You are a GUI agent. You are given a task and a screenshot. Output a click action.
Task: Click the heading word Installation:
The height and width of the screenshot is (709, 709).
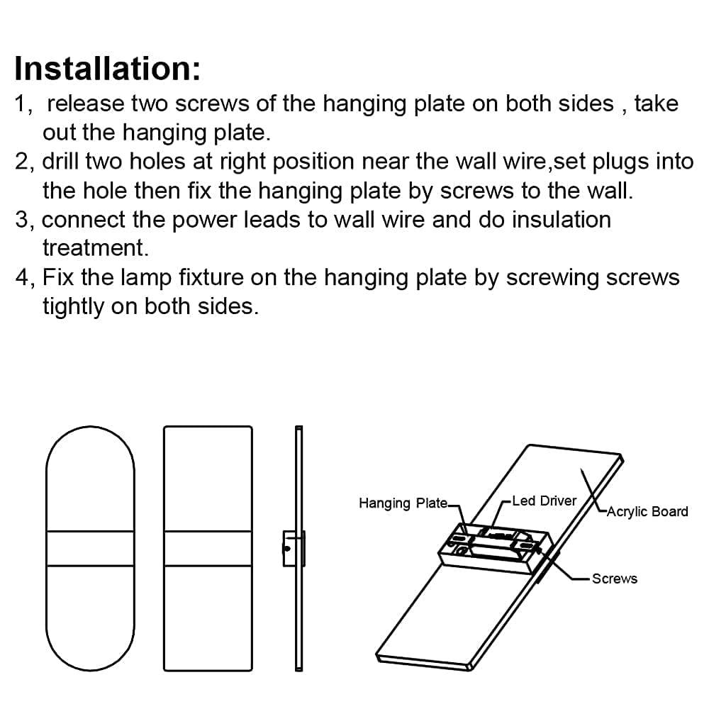tap(107, 69)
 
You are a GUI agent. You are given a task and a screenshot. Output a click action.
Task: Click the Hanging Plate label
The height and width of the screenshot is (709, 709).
tap(402, 503)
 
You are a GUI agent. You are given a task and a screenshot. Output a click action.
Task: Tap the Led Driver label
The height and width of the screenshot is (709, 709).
tap(544, 501)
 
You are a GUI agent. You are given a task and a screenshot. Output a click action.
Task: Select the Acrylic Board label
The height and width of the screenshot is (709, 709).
tap(647, 511)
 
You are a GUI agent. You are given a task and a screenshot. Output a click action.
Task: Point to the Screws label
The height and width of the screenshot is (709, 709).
tap(614, 579)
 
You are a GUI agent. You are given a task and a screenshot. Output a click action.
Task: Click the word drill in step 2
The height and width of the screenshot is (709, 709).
tap(60, 162)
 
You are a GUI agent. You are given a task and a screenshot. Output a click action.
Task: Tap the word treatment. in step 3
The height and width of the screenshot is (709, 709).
tap(95, 247)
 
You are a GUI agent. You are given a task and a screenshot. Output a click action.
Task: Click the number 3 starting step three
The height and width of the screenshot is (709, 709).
tap(23, 220)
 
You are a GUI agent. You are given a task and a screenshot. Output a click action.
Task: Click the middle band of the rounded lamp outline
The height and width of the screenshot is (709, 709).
tap(90, 548)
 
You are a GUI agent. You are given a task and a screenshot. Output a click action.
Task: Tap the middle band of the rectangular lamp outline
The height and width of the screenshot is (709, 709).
tap(208, 548)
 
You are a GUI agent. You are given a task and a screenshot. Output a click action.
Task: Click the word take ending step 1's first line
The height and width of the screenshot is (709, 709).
tap(656, 104)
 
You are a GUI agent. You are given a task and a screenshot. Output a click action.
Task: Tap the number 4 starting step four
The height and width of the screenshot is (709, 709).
tap(23, 277)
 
